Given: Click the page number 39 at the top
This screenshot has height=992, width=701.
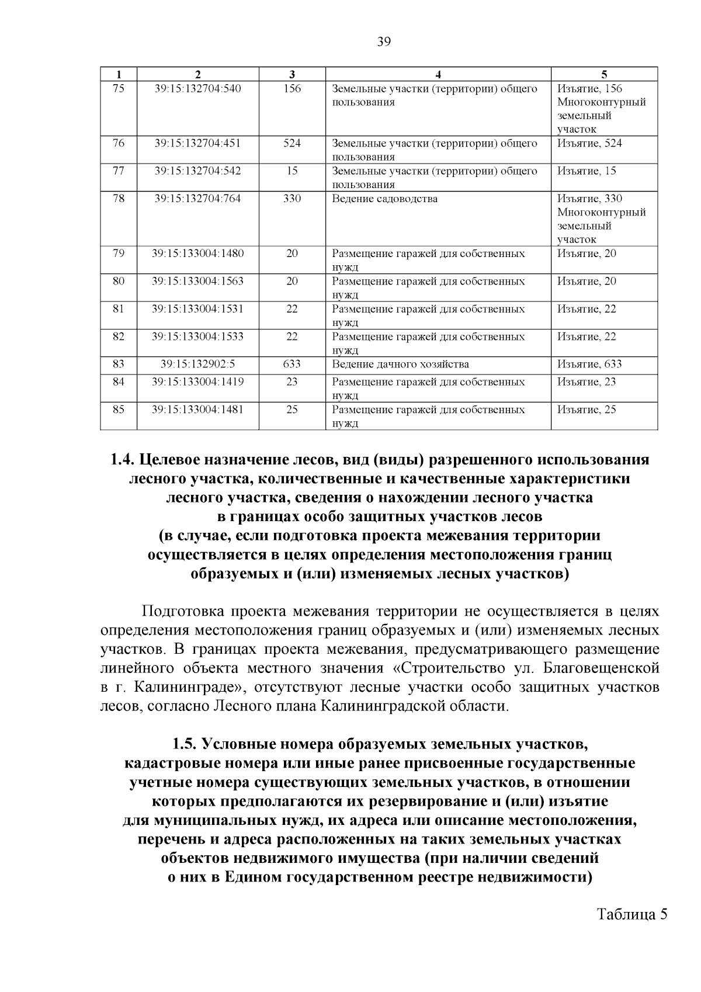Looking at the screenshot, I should pos(384,41).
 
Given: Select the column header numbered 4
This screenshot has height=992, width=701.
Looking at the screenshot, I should pos(438,74).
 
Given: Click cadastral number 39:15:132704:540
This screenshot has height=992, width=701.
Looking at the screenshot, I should pos(197,89).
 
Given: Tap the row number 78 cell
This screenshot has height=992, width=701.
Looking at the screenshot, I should pos(119,199).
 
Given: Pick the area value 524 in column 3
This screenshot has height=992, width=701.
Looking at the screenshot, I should pos(292,143).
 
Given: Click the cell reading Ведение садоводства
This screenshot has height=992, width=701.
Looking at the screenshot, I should pos(384,199).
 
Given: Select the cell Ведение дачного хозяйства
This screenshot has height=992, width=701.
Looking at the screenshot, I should pos(400,365).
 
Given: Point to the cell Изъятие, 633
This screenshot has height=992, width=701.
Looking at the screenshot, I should pos(589,365).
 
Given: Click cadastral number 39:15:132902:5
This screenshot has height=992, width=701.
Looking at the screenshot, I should pos(197,365).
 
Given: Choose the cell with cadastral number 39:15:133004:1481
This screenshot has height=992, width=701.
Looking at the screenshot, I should pos(197,410).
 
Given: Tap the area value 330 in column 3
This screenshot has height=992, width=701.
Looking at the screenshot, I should pos(292,199).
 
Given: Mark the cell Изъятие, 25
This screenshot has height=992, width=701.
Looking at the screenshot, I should pos(586,410).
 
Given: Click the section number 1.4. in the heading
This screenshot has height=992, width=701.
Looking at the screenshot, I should pos(123,460).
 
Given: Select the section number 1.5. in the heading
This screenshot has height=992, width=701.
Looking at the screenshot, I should pos(185,744).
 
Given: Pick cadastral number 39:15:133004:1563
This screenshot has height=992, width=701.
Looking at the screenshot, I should pos(197,282).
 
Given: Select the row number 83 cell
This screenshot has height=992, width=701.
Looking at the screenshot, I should pos(119,365).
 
